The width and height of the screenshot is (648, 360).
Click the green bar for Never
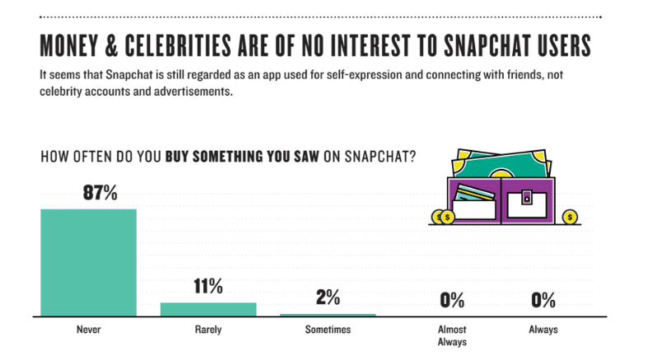tap(88, 261)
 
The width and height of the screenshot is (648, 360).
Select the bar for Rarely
tap(208, 308)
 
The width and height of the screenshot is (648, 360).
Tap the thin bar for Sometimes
tap(328, 314)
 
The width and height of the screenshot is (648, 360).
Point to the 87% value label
tap(100, 194)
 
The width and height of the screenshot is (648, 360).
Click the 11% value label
tap(208, 287)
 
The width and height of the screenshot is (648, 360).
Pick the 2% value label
tap(328, 297)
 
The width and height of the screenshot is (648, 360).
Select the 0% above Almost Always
tap(452, 301)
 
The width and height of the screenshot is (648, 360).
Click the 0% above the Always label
tap(543, 301)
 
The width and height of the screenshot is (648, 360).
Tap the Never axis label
tap(88, 330)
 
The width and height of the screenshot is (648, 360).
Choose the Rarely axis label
tap(208, 330)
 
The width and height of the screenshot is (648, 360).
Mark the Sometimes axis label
tap(328, 330)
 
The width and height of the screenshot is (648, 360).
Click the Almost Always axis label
tap(452, 334)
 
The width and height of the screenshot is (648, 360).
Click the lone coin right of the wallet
tap(570, 217)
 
